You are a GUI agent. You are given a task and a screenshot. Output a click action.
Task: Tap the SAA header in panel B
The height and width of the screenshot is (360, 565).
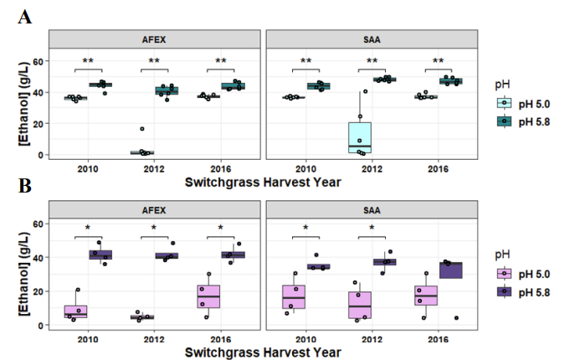tap(372, 208)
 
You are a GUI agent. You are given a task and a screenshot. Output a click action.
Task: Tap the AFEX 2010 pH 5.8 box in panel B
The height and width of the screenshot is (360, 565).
tap(101, 255)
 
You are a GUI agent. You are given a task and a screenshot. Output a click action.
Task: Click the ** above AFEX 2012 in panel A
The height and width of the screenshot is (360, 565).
tap(155, 61)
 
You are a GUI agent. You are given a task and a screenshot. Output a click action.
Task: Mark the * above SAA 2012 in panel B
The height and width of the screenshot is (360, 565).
tap(372, 228)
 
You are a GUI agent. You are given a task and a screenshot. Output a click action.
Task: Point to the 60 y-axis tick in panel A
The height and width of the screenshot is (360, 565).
tap(39, 61)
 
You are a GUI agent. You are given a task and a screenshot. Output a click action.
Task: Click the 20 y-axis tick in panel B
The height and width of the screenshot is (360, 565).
tap(39, 291)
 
